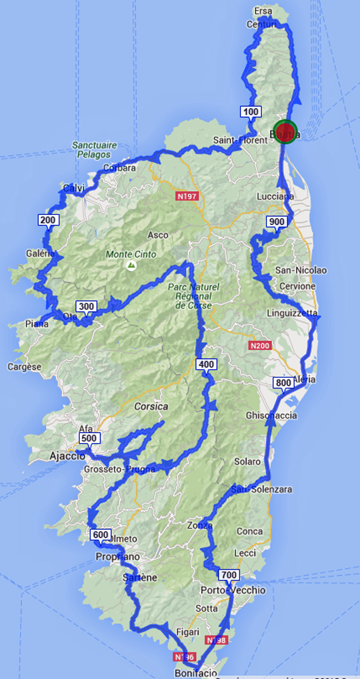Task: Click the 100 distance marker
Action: [250, 112]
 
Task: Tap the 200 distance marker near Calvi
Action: [48, 219]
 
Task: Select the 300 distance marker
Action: [86, 306]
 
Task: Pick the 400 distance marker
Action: [206, 364]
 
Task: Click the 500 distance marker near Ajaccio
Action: [89, 438]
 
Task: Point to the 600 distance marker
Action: [101, 535]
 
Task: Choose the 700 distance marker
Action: [229, 575]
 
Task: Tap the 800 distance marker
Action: [283, 383]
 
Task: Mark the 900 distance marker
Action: [276, 221]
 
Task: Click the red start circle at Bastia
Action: [286, 131]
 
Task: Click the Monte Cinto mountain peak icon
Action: [131, 267]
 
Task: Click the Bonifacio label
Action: [196, 673]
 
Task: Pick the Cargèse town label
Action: [24, 367]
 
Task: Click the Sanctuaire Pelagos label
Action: [94, 149]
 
